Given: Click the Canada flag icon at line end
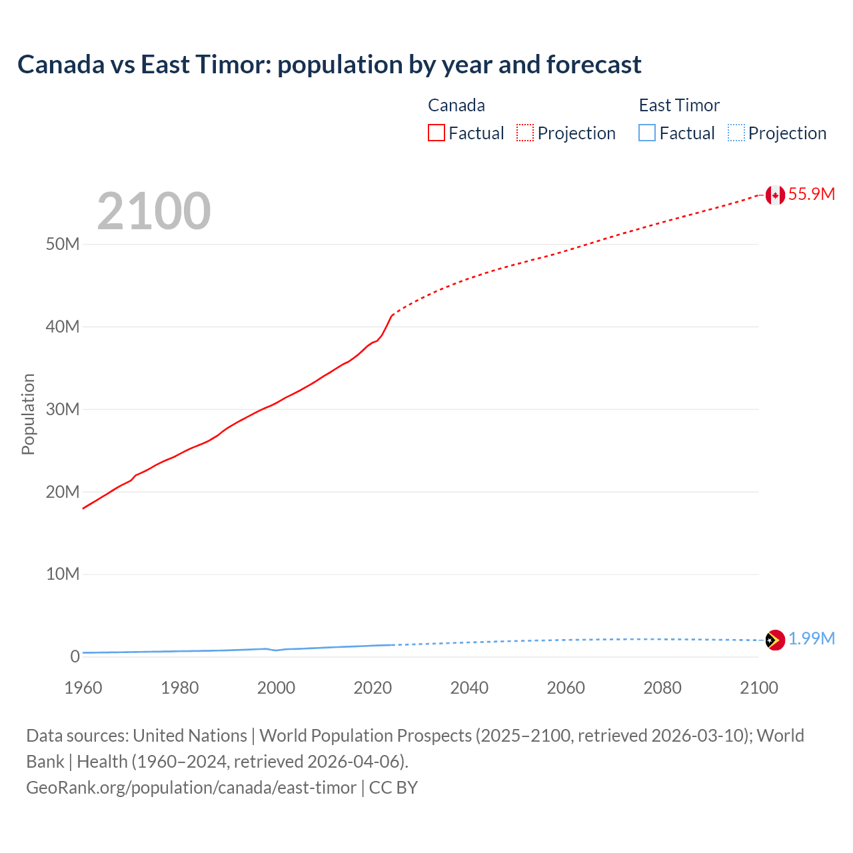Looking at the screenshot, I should point(774,195).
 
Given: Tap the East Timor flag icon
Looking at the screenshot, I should point(775,640).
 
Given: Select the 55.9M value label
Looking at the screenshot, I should point(812,194).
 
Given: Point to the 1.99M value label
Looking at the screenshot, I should point(812,639).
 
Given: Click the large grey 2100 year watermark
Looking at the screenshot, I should point(154,211).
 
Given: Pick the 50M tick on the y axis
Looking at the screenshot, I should point(63,244).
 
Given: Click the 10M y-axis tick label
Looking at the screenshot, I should point(63,574).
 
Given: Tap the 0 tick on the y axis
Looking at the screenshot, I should point(75,656).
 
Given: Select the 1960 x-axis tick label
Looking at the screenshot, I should point(83,688).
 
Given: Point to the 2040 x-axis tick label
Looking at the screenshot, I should point(469,688).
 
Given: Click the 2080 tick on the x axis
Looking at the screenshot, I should point(662,688).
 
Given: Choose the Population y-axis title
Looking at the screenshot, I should point(28,414).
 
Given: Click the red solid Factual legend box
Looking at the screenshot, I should point(436,133).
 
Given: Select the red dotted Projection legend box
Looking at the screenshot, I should point(525,133).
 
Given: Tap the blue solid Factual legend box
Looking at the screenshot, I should point(647,133).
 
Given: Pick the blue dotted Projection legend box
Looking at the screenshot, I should point(736,133).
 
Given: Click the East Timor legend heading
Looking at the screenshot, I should point(679,105).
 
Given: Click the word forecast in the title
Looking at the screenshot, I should point(594,65).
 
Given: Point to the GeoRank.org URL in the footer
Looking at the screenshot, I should point(191,788).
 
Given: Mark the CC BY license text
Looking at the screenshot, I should point(393,788).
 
